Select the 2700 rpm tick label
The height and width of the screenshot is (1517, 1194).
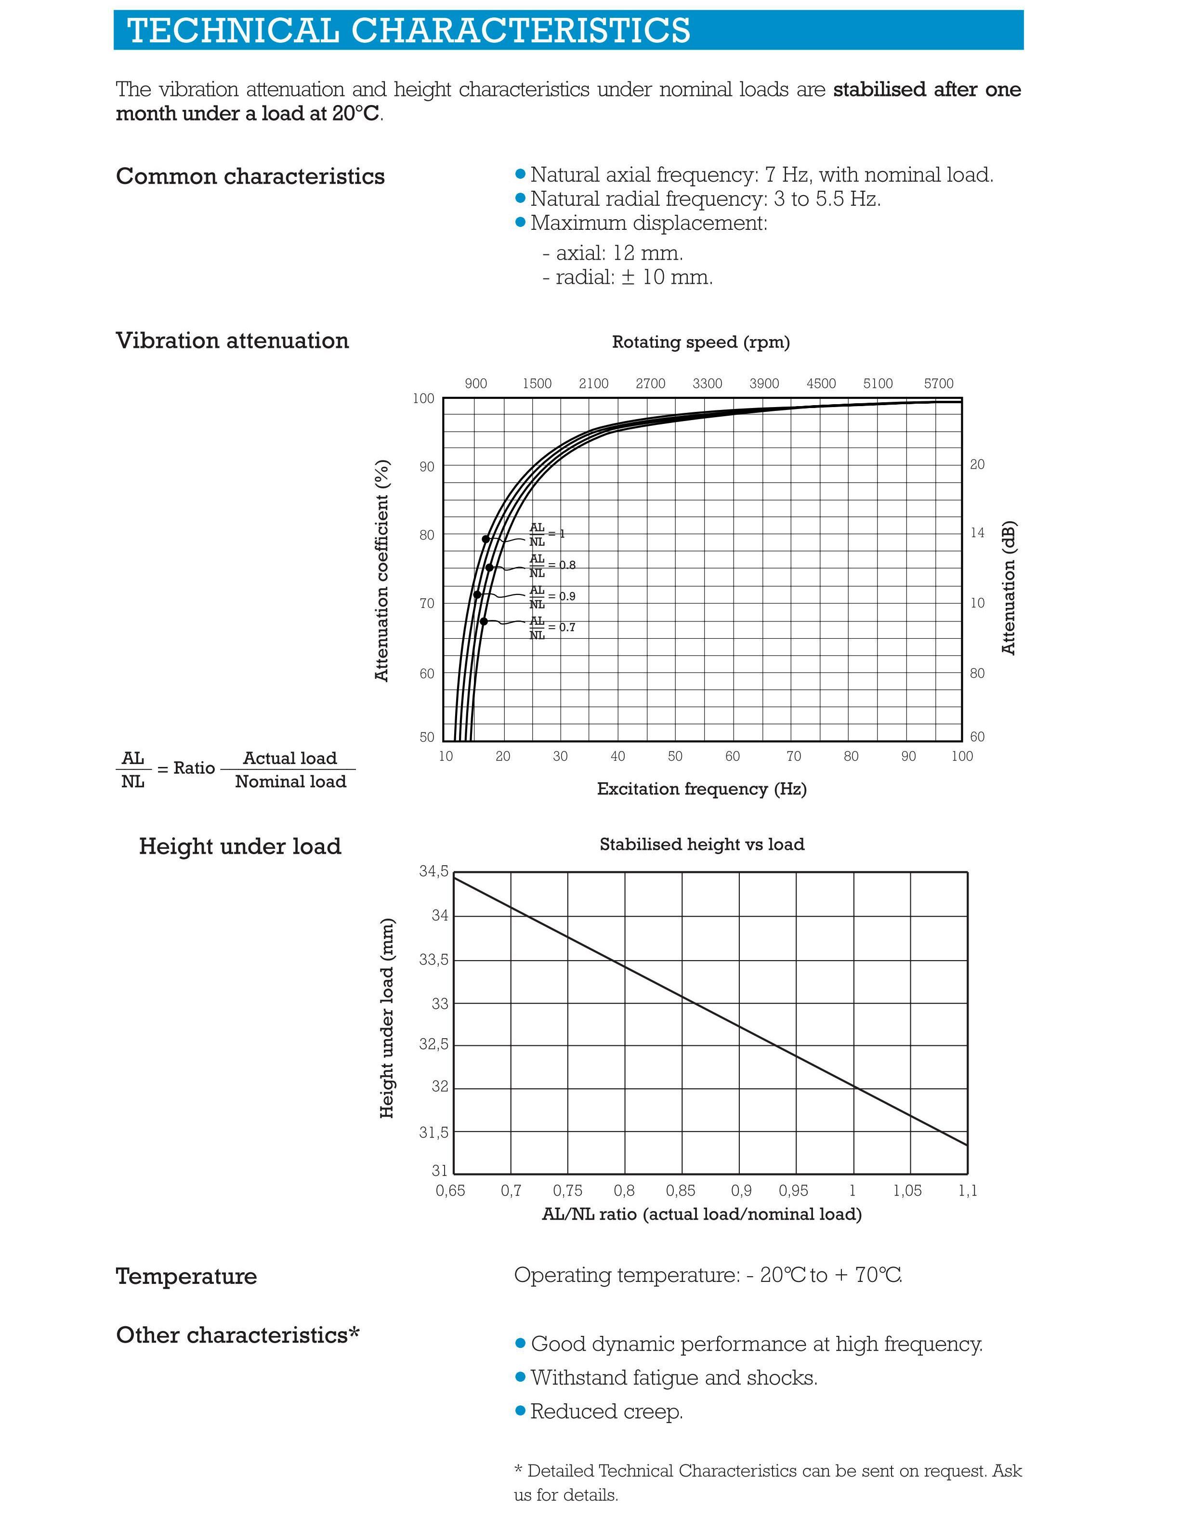[650, 384]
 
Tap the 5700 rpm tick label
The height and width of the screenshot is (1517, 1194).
[938, 384]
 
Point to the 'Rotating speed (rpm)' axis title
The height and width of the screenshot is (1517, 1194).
[700, 343]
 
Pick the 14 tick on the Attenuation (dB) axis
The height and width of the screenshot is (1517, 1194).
[977, 533]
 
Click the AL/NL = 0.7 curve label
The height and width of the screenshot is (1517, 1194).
[552, 628]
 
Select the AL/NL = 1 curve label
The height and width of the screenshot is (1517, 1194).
[547, 534]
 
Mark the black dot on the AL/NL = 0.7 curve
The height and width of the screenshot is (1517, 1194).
[484, 621]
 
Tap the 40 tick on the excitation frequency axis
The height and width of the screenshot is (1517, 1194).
[617, 756]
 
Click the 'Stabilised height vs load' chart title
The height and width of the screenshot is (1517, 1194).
[702, 844]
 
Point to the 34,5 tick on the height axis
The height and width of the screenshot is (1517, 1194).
[433, 871]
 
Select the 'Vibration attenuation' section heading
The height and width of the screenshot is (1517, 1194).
[232, 341]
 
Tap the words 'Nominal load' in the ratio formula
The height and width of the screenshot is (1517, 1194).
[290, 781]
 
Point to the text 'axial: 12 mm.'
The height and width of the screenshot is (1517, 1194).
[619, 253]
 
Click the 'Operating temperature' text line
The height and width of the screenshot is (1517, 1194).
[708, 1275]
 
